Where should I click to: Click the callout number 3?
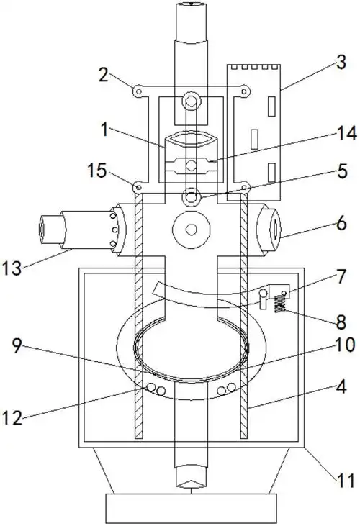pos(341,63)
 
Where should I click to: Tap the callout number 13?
pos(12,268)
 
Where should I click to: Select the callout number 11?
pos(346,481)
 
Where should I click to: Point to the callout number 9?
pos(17,345)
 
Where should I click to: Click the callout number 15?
pos(97,171)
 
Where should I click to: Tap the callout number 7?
pos(341,276)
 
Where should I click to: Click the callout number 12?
pos(12,418)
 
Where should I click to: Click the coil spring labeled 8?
pos(280,304)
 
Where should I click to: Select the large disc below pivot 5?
pos(192,230)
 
